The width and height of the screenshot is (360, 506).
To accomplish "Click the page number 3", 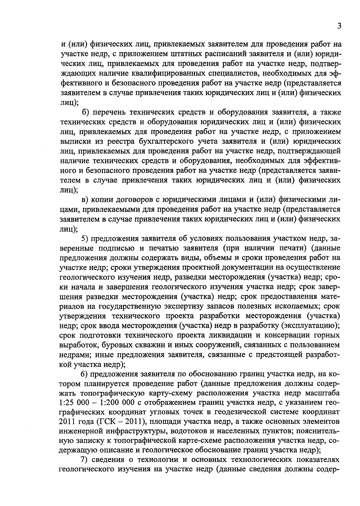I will [339, 26].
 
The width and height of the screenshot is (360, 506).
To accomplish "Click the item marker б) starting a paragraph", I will [86, 112].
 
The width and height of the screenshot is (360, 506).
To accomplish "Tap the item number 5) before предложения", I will [85, 239].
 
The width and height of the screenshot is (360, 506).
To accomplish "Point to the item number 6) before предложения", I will [85, 374].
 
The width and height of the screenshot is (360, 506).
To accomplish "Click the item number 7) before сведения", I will [85, 460].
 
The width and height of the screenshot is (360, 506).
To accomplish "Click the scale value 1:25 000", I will [75, 402].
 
